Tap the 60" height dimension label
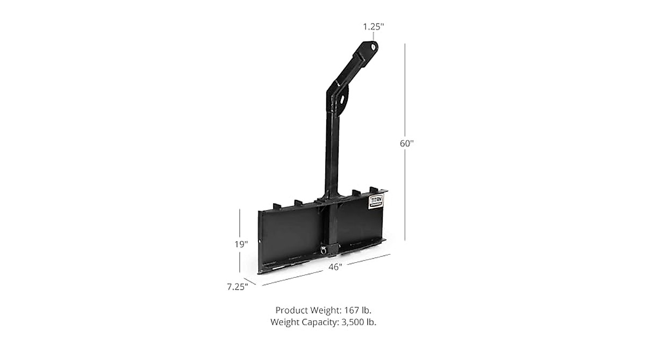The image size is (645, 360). tap(407, 143)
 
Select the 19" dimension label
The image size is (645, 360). tap(241, 244)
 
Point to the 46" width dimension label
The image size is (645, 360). tap(335, 267)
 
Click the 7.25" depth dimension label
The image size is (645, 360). tap(237, 286)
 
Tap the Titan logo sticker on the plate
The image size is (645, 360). tap(375, 201)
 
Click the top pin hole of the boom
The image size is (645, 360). tap(372, 47)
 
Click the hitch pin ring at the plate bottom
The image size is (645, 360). tap(324, 249)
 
